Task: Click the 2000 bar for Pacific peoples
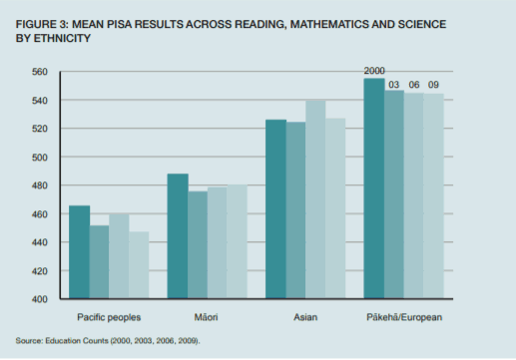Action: pyautogui.click(x=79, y=252)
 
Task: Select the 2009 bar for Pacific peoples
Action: pyautogui.click(x=139, y=265)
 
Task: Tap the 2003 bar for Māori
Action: pyautogui.click(x=198, y=244)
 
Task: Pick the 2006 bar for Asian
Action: pyautogui.click(x=315, y=199)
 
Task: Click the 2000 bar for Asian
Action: pyautogui.click(x=275, y=208)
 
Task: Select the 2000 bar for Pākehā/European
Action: pyautogui.click(x=374, y=188)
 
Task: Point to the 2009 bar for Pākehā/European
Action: pyautogui.click(x=433, y=195)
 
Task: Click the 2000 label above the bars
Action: pyautogui.click(x=374, y=71)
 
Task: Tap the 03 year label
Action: pyautogui.click(x=394, y=85)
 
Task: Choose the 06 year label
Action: pyautogui.click(x=414, y=85)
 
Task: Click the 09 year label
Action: pyautogui.click(x=433, y=85)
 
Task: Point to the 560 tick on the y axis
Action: pyautogui.click(x=40, y=72)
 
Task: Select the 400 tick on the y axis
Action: pyautogui.click(x=40, y=299)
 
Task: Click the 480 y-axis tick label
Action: pyautogui.click(x=40, y=185)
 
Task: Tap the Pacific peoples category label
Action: pyautogui.click(x=109, y=317)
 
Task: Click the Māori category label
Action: pyautogui.click(x=206, y=317)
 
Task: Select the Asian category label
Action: pyautogui.click(x=305, y=317)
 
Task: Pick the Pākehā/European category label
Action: pyautogui.click(x=404, y=317)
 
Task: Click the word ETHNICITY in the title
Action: pyautogui.click(x=62, y=38)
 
